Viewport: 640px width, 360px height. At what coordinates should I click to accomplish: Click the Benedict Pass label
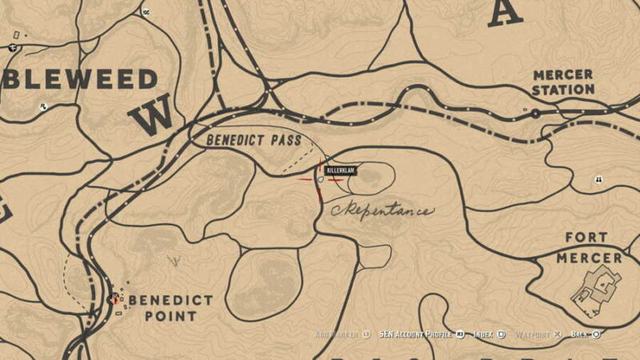[x=254, y=140]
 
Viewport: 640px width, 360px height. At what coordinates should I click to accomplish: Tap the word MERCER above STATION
[x=563, y=75]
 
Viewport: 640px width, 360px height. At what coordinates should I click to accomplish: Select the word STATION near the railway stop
[x=563, y=90]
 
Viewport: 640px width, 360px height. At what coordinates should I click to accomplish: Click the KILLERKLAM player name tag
[x=340, y=170]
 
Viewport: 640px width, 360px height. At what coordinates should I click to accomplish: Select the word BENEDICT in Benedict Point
[x=170, y=301]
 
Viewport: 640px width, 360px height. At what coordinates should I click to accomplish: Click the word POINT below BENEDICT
[x=170, y=316]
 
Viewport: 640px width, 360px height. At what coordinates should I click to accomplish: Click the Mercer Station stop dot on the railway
[x=535, y=114]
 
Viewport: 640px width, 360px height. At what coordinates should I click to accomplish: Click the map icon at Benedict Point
[x=114, y=299]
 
